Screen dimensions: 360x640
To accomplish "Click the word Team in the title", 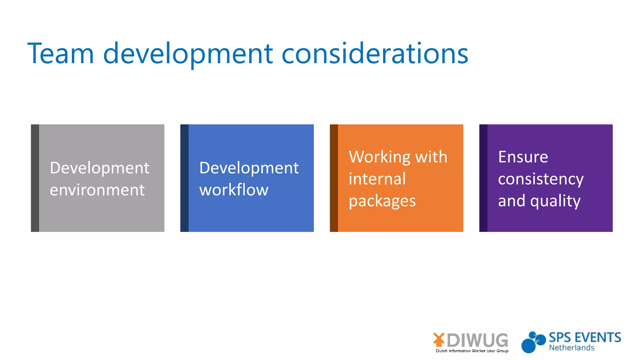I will (61, 54).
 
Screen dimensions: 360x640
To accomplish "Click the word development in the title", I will (188, 54).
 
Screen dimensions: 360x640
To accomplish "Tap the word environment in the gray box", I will (97, 190).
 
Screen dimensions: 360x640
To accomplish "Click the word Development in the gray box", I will (99, 168).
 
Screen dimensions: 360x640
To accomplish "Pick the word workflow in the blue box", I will (234, 190).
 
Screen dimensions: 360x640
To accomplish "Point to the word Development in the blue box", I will (249, 168).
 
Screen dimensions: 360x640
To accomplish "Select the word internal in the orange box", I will (377, 179).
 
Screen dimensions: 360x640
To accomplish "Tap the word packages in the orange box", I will (382, 201).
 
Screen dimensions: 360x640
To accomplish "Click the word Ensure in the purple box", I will (523, 157).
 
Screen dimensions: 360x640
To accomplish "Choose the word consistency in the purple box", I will (541, 179).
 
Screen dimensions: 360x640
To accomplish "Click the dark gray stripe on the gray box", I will (35, 178).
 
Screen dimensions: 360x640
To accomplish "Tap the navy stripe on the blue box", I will (184, 178).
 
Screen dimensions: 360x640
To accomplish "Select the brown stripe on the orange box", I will (334, 178).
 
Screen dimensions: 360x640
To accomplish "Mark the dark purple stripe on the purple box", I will (483, 178).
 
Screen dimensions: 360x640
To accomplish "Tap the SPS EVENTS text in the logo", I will (585, 338).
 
